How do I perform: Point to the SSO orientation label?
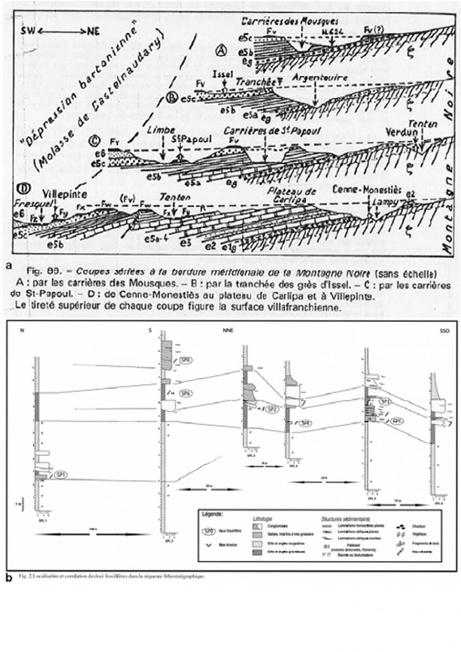(445, 329)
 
